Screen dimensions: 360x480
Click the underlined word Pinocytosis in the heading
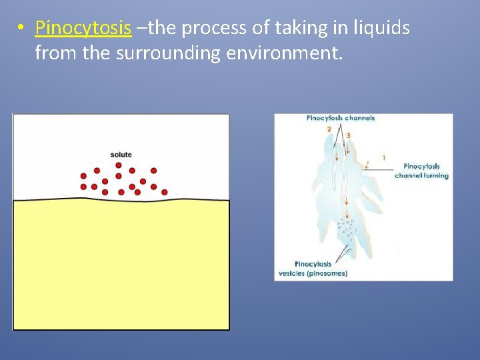pos(83,28)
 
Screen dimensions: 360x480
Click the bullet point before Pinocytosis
pos(21,29)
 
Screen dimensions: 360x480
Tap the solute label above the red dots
pos(121,155)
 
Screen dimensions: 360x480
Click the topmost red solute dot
pos(119,165)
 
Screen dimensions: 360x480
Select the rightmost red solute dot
pos(164,192)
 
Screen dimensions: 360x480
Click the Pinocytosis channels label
pos(340,118)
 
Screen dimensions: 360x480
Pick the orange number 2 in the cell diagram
pos(329,129)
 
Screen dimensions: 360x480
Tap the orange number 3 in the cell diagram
pos(348,135)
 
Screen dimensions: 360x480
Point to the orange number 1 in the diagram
pos(383,157)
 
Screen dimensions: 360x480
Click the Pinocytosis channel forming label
pos(421,171)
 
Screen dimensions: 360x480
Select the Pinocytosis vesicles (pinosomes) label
pos(312,269)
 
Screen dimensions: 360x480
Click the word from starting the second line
pos(55,53)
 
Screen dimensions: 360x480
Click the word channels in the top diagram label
pos(359,118)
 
